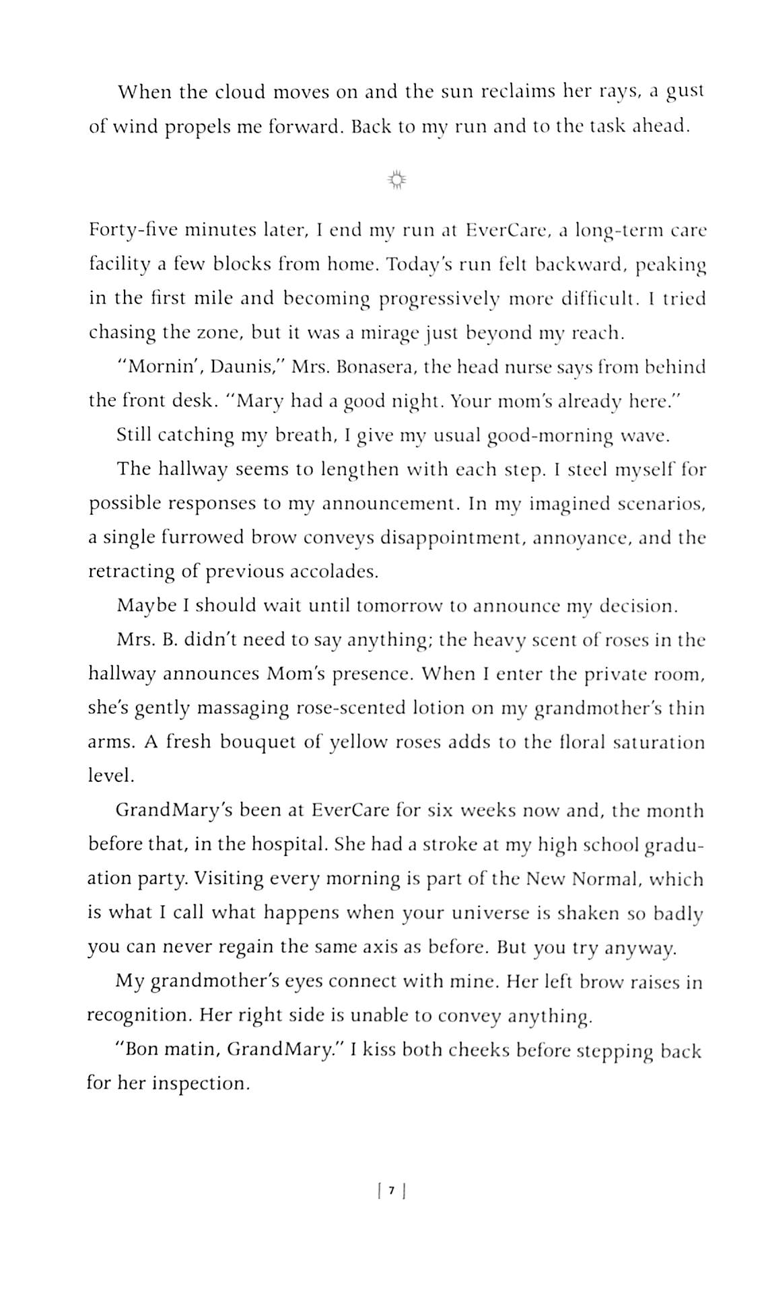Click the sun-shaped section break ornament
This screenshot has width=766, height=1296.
tap(397, 180)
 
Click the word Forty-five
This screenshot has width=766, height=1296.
tap(133, 231)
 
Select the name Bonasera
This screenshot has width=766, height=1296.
tap(377, 367)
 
